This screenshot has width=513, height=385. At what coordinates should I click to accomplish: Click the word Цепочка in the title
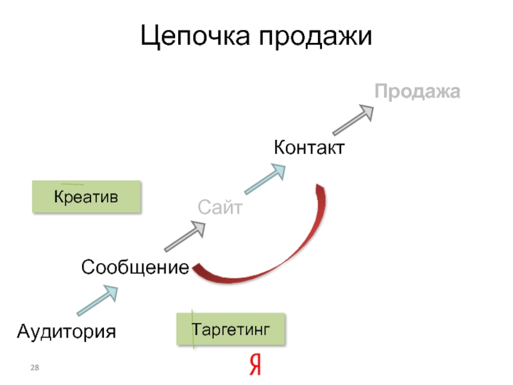(x=195, y=37)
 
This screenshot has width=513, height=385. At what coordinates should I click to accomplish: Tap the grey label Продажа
(x=417, y=92)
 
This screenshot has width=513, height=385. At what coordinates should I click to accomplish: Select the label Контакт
(x=310, y=148)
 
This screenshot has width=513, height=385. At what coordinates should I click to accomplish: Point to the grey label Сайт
(x=219, y=207)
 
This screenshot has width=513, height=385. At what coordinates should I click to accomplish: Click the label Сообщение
(x=135, y=267)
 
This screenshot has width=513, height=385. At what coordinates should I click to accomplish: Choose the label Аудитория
(x=67, y=331)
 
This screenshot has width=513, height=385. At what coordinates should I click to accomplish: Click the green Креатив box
(x=87, y=196)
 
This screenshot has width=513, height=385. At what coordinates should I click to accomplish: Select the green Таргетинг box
(x=231, y=329)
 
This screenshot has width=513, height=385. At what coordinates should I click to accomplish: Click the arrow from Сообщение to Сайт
(x=185, y=236)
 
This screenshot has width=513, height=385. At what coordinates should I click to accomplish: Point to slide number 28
(x=35, y=366)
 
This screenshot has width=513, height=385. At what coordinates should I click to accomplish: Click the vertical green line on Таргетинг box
(x=194, y=329)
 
